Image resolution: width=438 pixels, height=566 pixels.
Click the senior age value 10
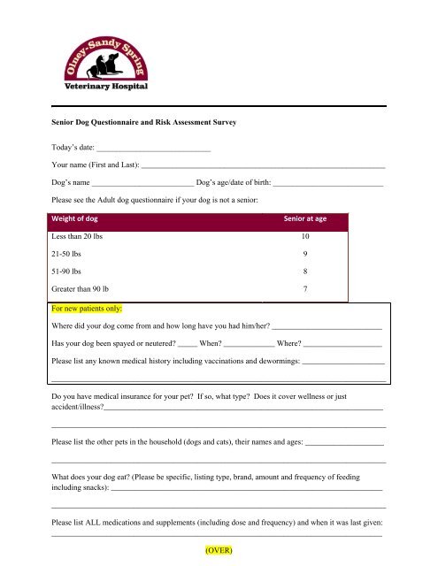[305, 238]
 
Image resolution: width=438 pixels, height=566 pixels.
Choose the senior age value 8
[305, 272]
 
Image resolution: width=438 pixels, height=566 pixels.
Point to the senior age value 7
[305, 289]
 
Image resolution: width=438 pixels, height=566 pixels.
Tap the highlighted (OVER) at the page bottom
[218, 549]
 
